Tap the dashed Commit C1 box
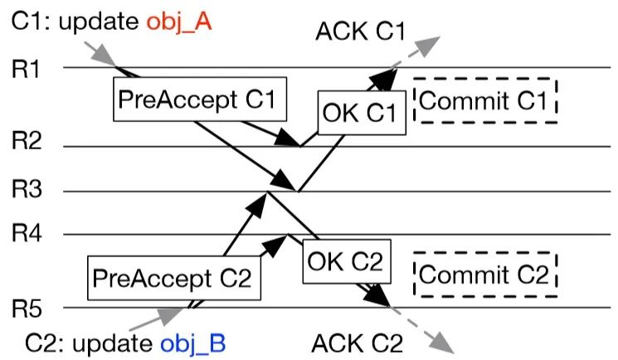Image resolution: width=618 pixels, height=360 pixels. pos(485,102)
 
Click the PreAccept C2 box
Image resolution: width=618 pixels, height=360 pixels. pos(173,276)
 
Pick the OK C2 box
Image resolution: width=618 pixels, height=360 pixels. pos(344,263)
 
